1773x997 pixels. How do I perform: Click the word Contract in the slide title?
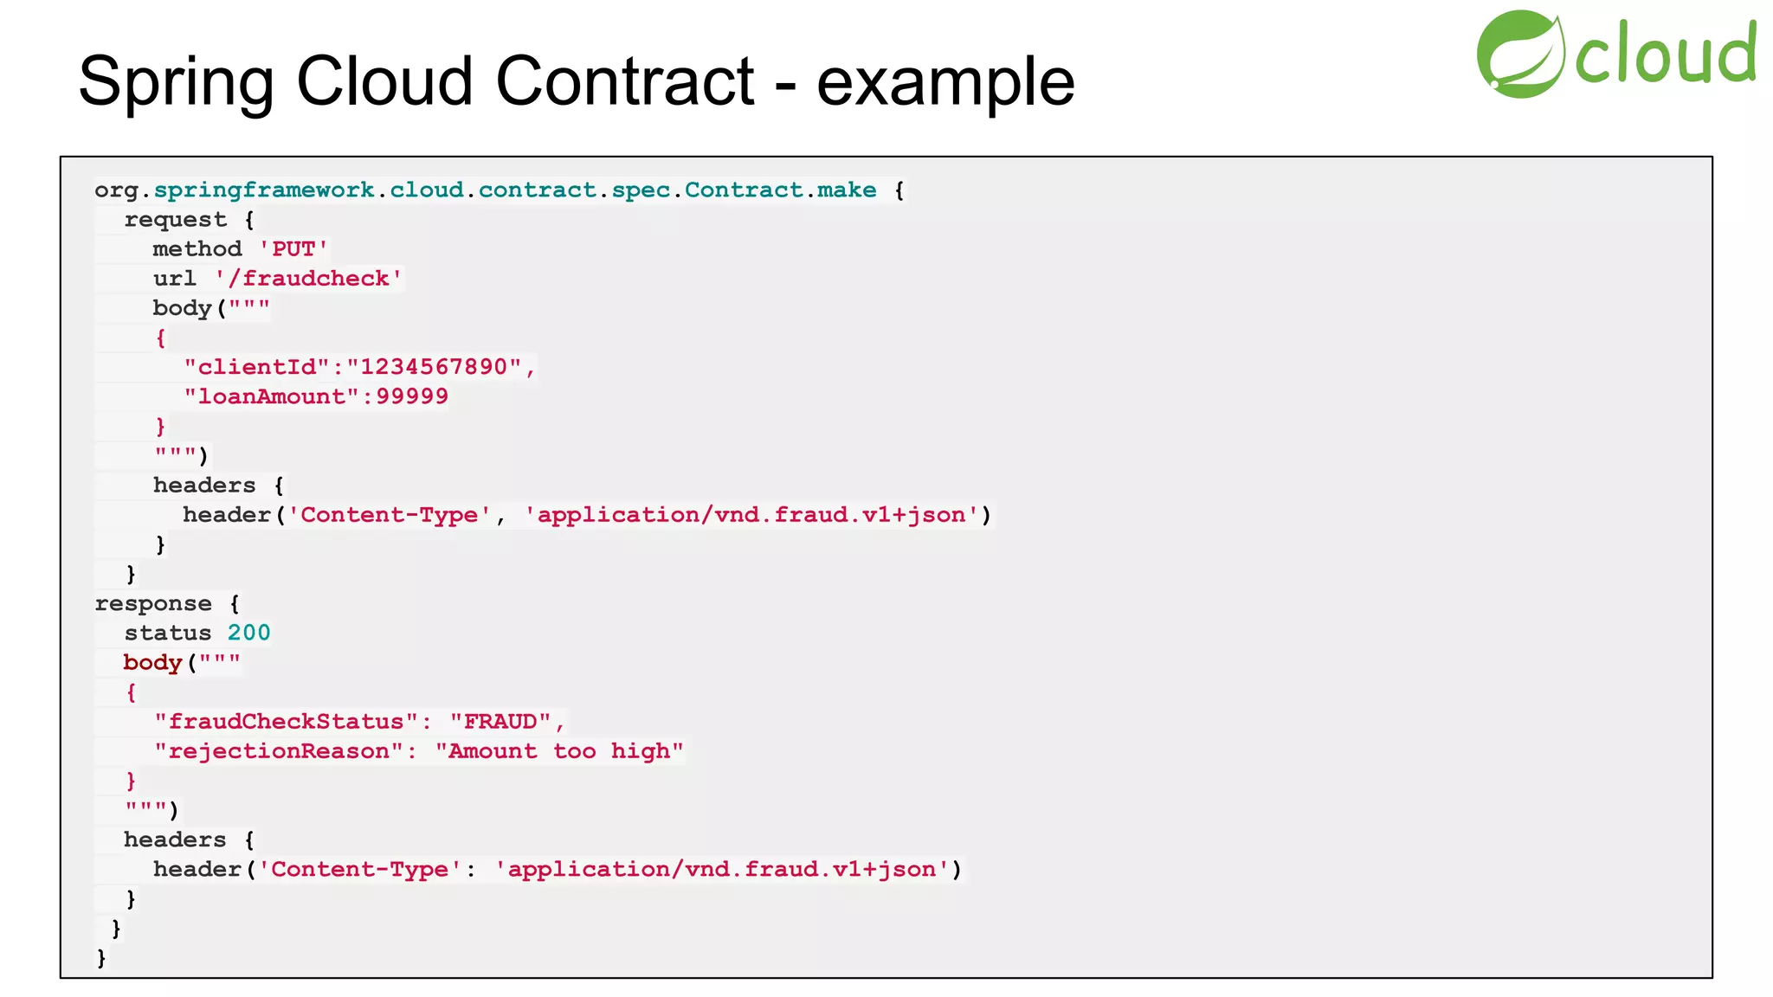tap(624, 81)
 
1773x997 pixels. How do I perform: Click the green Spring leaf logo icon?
tap(1520, 54)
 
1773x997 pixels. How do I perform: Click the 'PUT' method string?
tap(293, 249)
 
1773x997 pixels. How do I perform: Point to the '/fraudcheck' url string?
tap(309, 279)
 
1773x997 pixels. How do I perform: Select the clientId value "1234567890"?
tap(441, 367)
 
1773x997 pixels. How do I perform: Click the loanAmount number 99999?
tap(412, 396)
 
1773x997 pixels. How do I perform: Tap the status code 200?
tap(249, 633)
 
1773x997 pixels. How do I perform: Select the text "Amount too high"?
tap(559, 751)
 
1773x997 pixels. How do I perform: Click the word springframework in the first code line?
tap(264, 190)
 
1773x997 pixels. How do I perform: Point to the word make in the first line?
tap(847, 190)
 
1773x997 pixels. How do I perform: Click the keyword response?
tap(153, 603)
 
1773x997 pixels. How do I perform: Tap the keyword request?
tap(176, 220)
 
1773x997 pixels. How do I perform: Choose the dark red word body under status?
tap(153, 663)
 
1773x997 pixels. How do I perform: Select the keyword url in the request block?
tap(175, 279)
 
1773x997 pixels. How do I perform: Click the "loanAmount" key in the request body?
tap(272, 396)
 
